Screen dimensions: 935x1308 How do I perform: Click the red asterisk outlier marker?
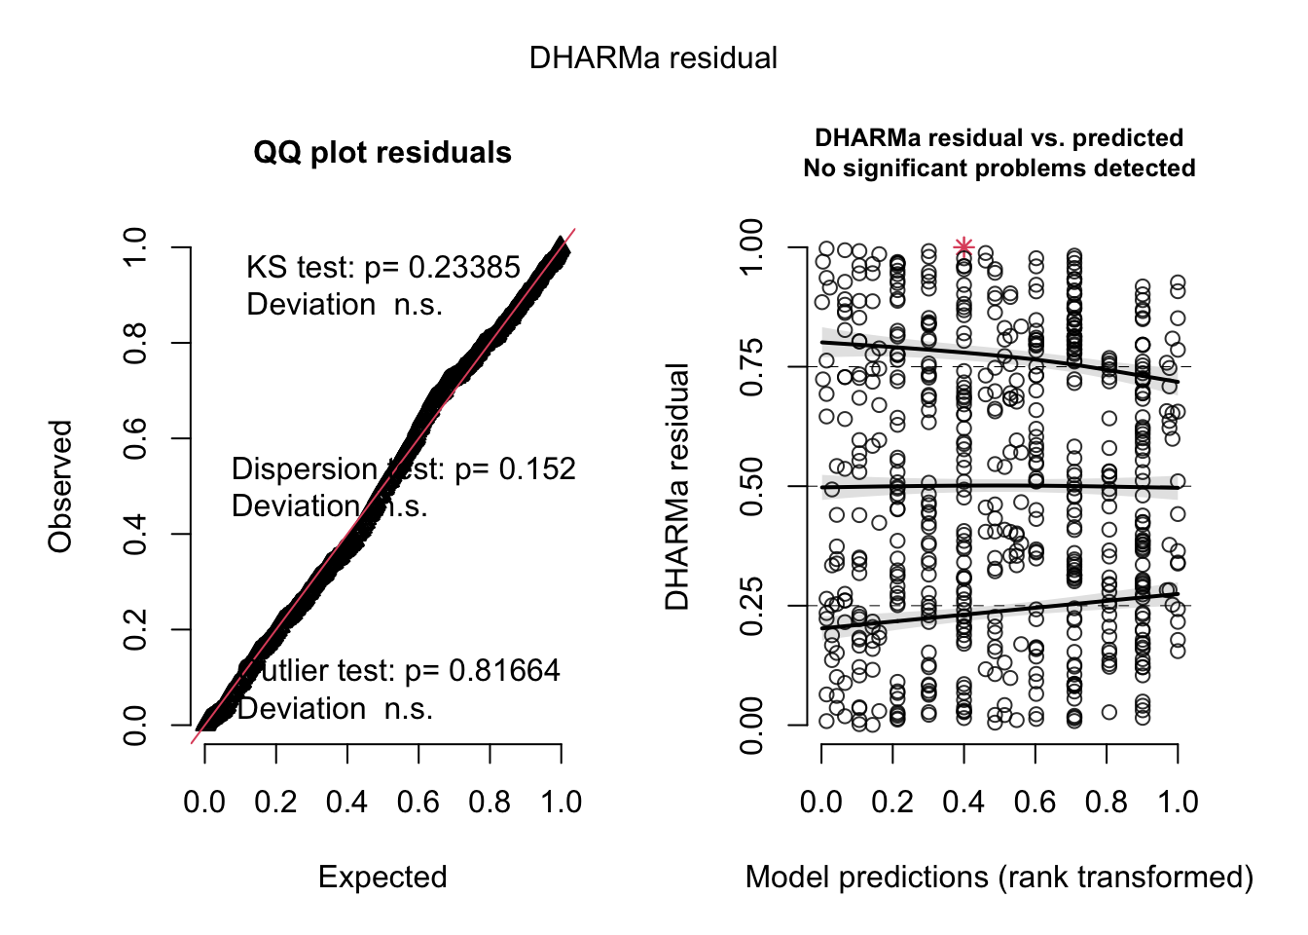click(x=963, y=246)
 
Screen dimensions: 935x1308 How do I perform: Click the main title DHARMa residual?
click(x=653, y=58)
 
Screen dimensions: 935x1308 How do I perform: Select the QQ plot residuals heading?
click(x=382, y=153)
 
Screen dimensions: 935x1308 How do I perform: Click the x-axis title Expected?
click(x=382, y=878)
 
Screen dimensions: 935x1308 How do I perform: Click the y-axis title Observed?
click(x=60, y=486)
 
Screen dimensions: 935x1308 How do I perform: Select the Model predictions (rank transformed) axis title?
click(x=999, y=878)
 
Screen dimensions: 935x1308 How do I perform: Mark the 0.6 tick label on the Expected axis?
click(x=418, y=803)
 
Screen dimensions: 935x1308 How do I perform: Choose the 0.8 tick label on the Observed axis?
click(x=135, y=343)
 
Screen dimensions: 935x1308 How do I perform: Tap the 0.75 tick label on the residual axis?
click(x=751, y=367)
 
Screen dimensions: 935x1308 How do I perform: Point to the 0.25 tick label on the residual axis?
click(x=751, y=606)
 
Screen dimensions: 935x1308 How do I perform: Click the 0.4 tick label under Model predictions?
click(x=963, y=803)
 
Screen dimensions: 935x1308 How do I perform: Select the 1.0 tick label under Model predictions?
click(x=1178, y=803)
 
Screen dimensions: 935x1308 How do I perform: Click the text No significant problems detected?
click(x=999, y=168)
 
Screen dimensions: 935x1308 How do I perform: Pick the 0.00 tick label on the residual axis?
click(x=751, y=726)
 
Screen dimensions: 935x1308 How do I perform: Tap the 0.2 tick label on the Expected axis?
click(x=275, y=803)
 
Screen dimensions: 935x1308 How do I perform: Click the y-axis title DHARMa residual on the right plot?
click(x=677, y=486)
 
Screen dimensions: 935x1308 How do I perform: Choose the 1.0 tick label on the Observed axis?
click(x=135, y=247)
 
